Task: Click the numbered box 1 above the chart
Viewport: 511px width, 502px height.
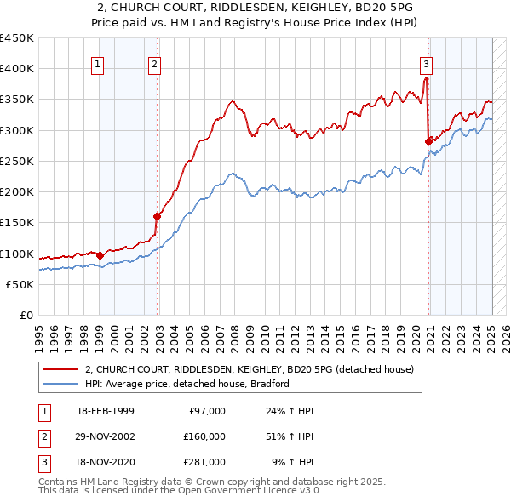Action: click(99, 63)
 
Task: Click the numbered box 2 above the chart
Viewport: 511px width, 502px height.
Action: click(154, 63)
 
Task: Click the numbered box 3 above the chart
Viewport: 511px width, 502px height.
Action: click(425, 63)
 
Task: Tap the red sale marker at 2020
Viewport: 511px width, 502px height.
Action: click(428, 141)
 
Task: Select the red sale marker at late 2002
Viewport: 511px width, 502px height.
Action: click(158, 216)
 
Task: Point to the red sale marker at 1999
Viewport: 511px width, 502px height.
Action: click(100, 254)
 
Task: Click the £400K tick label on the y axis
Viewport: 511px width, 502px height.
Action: click(16, 69)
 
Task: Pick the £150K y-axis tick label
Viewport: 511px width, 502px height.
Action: click(16, 223)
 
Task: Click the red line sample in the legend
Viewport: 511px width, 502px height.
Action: click(60, 370)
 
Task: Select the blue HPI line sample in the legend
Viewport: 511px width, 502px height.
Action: click(60, 384)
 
